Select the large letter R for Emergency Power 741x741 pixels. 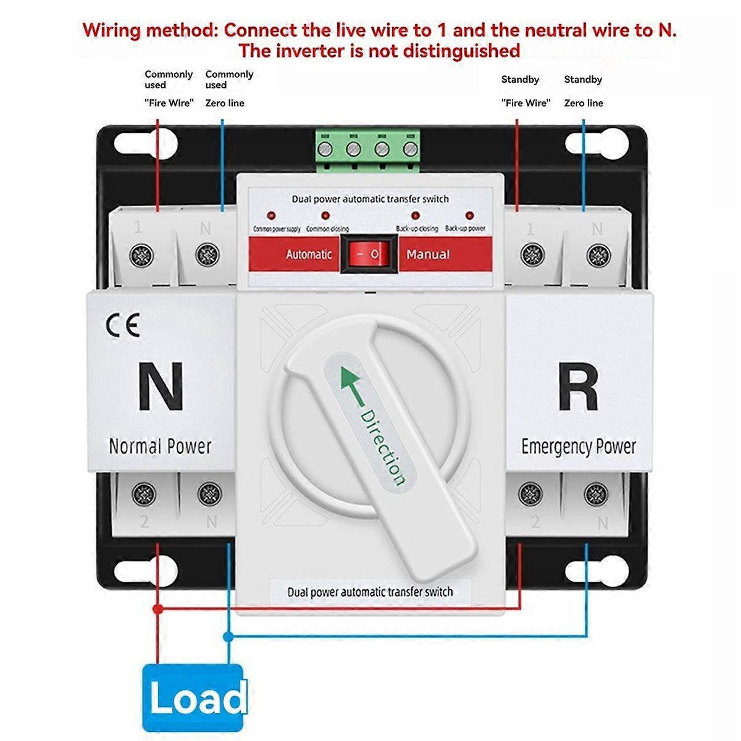(x=578, y=387)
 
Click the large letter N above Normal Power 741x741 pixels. (x=161, y=387)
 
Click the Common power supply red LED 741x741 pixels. (x=270, y=216)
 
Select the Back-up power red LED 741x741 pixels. (x=469, y=216)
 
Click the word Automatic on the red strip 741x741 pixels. (x=309, y=254)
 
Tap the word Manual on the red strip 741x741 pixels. (x=428, y=254)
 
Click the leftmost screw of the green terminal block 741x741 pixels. (x=325, y=149)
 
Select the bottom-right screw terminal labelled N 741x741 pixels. (x=596, y=493)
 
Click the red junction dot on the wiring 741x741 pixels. (x=157, y=609)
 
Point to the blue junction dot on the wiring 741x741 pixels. (x=228, y=635)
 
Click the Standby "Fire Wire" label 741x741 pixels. (x=525, y=103)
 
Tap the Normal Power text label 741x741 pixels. (x=160, y=446)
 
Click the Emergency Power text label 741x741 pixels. (x=579, y=446)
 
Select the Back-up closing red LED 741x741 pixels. (x=416, y=216)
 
